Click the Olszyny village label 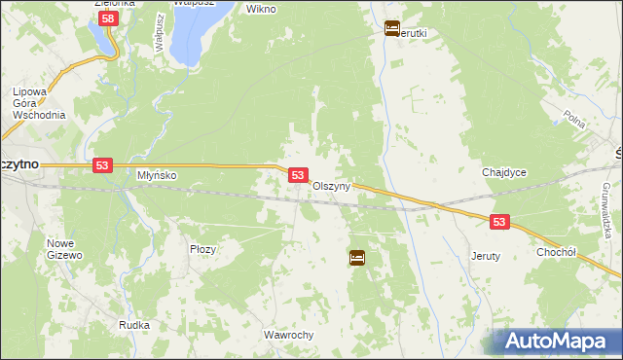click(x=331, y=186)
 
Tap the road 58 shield click(x=109, y=18)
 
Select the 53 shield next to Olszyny click(x=299, y=175)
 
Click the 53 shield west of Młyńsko click(x=102, y=166)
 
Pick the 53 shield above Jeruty click(x=499, y=223)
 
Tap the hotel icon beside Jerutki click(x=392, y=28)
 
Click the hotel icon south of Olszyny click(x=357, y=258)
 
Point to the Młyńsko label click(x=156, y=176)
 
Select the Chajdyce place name click(x=504, y=172)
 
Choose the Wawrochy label click(x=288, y=335)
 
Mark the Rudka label click(x=133, y=325)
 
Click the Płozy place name click(x=202, y=249)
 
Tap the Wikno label click(x=262, y=9)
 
